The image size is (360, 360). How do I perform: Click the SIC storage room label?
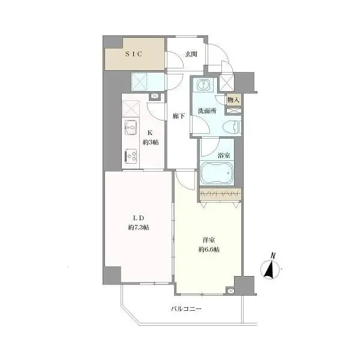coord(134,54)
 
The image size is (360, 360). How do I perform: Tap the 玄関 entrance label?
coord(191,54)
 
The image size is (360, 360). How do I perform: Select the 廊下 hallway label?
coord(179,116)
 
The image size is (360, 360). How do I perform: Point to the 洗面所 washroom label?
coord(207,111)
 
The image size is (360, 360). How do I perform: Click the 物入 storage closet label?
coord(233,100)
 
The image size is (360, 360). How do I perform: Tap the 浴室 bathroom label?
coord(224,155)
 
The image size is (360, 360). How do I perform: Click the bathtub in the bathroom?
coord(217,173)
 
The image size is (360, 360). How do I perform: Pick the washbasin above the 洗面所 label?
coord(203,85)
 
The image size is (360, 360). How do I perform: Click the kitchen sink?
coord(131,127)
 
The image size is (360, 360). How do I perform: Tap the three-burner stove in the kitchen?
coord(131,155)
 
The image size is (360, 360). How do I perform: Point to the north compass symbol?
coord(271,267)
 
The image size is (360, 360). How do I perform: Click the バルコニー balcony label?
coord(186,309)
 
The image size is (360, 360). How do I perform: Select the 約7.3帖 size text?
coord(139,227)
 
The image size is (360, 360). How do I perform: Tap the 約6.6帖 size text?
coord(209,250)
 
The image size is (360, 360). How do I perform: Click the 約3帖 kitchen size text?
coord(151,142)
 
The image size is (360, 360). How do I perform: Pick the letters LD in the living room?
coord(139,217)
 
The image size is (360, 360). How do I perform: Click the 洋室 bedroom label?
coord(209,240)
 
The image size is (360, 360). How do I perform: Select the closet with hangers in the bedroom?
coord(220,194)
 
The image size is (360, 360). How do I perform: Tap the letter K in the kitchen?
coord(150,133)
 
